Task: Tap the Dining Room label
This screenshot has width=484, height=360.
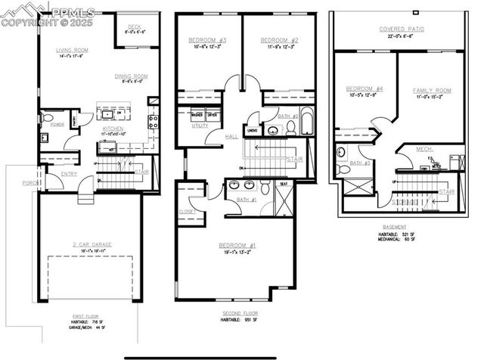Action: [x=132, y=76]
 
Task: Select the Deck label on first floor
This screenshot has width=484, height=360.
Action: [x=135, y=25]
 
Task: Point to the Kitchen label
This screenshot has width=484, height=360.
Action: [x=113, y=129]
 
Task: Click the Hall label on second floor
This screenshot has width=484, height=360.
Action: [x=233, y=137]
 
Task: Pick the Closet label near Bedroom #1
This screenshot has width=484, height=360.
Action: [x=187, y=212]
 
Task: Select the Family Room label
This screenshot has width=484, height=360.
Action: [x=432, y=90]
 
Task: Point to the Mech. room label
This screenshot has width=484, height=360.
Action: [x=424, y=149]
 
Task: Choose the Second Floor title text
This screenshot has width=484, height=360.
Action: [x=240, y=313]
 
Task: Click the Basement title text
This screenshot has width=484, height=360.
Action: [x=393, y=226]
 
